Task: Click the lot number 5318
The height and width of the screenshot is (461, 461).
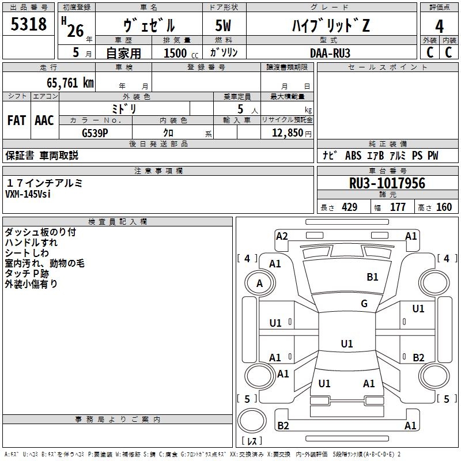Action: pyautogui.click(x=28, y=24)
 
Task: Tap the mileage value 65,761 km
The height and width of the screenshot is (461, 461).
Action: pyautogui.click(x=70, y=83)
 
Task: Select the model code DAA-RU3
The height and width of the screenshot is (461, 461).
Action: pyautogui.click(x=330, y=53)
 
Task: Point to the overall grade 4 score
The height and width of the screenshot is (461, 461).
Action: pyautogui.click(x=439, y=26)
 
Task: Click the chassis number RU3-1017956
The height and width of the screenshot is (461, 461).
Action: pyautogui.click(x=387, y=183)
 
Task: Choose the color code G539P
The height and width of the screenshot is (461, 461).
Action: pyautogui.click(x=95, y=133)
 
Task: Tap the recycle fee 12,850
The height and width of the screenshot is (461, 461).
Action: pyautogui.click(x=287, y=133)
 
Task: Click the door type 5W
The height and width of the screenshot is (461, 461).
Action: pyautogui.click(x=223, y=25)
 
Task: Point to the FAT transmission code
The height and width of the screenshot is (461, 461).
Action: pyautogui.click(x=17, y=120)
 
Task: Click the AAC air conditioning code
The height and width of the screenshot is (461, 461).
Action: pyautogui.click(x=44, y=120)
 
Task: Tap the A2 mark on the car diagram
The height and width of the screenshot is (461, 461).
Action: pyautogui.click(x=282, y=236)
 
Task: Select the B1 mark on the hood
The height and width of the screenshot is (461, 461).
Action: pyautogui.click(x=372, y=277)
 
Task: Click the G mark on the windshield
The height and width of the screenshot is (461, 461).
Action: pyautogui.click(x=364, y=303)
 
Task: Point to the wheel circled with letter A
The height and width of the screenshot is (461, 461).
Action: pyautogui.click(x=260, y=283)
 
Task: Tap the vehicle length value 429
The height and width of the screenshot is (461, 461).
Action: pyautogui.click(x=350, y=207)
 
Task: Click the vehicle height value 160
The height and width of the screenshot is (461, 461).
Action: pyautogui.click(x=444, y=207)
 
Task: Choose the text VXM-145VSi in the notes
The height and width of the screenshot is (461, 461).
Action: pyautogui.click(x=28, y=194)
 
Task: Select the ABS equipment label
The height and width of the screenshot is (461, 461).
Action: pyautogui.click(x=353, y=156)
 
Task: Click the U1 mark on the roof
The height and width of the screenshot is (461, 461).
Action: pyautogui.click(x=347, y=343)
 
